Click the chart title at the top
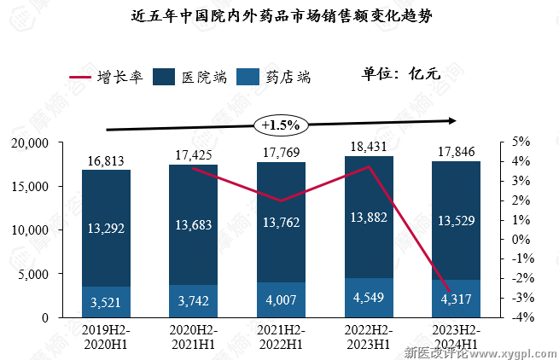click(280, 16)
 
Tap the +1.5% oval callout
click(280, 125)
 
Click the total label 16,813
click(107, 160)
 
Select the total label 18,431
click(368, 146)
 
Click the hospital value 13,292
click(107, 227)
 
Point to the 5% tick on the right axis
click(520, 142)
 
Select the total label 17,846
click(455, 152)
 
